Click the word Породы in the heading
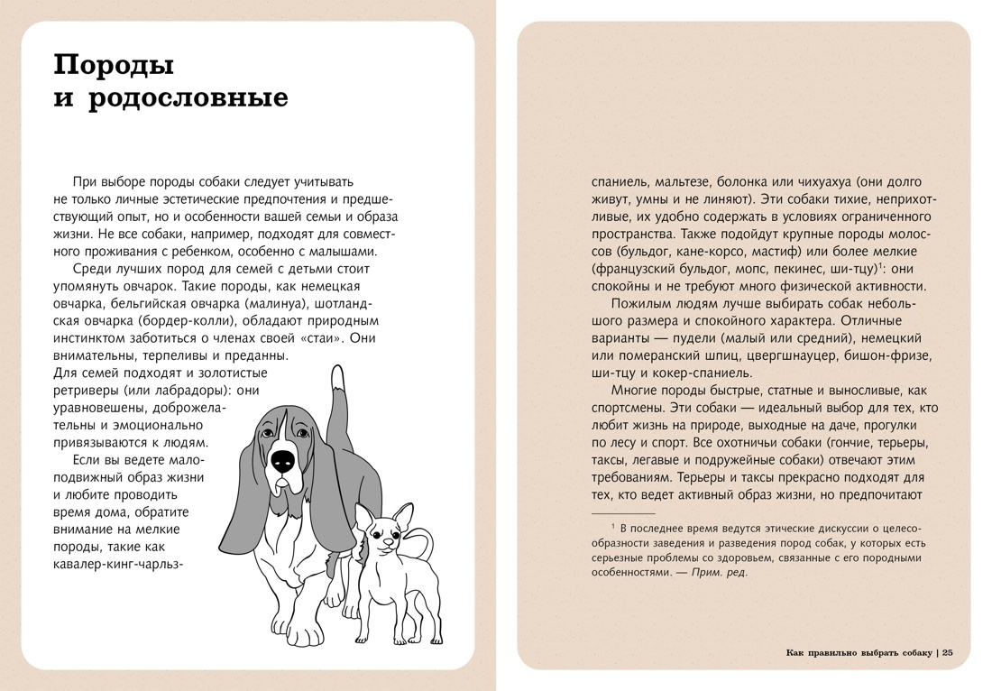coord(115,65)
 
